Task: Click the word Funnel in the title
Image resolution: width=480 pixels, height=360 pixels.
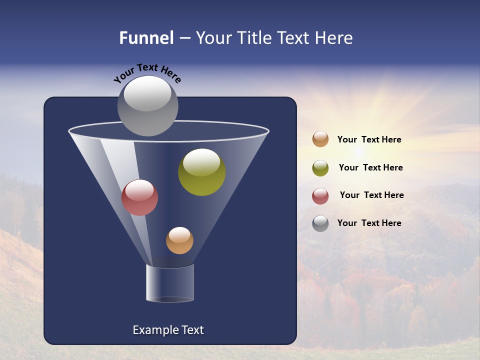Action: coord(146,38)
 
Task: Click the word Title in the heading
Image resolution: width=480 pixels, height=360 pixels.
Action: coord(254,38)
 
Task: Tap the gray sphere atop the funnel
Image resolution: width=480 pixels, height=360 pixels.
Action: coord(148,106)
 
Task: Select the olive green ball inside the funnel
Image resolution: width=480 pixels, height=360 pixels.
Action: coord(201,172)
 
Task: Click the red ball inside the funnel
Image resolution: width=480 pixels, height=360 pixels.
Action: coord(139,197)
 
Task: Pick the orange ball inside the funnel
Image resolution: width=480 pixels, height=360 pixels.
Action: coord(179,240)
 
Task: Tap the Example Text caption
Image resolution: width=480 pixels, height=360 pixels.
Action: coord(168,330)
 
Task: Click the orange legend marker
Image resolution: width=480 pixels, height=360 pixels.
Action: coord(320,139)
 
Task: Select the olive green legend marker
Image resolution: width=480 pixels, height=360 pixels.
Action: coord(320,168)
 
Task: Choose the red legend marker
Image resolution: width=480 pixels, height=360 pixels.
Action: coord(320,196)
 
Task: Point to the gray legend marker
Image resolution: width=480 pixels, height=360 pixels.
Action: coord(320,223)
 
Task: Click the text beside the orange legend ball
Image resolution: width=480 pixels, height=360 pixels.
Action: coord(369,140)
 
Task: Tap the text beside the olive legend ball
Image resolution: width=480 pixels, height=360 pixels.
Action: coord(370,168)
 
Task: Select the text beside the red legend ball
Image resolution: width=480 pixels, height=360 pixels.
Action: coord(371,195)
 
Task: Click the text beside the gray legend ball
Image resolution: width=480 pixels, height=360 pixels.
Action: coord(369,223)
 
